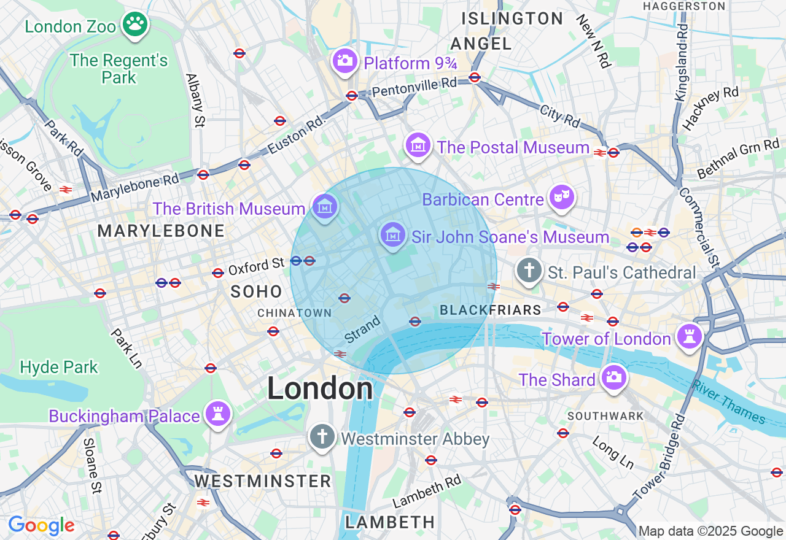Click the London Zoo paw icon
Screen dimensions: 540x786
(135, 25)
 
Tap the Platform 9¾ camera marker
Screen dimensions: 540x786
(344, 60)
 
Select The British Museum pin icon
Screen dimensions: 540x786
(324, 207)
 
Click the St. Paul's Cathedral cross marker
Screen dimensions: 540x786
(529, 270)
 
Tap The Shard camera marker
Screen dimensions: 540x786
(613, 377)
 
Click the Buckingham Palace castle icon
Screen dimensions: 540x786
(218, 414)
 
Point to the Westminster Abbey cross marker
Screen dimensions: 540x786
(322, 437)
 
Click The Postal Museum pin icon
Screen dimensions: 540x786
(418, 145)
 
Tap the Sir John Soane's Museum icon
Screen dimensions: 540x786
(392, 235)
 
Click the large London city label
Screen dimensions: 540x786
(320, 388)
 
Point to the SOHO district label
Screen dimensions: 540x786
(256, 291)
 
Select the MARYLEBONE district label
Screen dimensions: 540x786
(161, 231)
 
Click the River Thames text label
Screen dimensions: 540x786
(729, 403)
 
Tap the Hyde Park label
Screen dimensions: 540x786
(59, 368)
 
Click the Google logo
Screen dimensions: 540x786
(41, 526)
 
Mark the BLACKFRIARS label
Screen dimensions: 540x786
(491, 310)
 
